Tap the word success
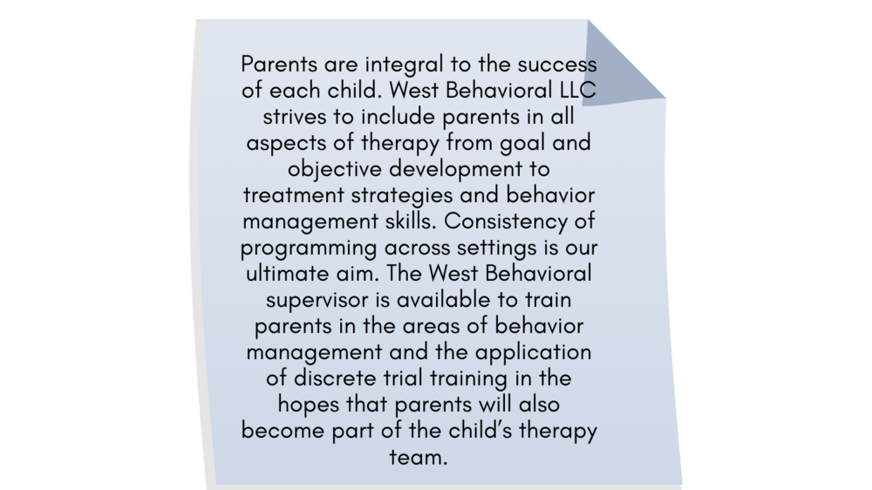557,65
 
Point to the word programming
309,248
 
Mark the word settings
488,248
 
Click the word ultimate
286,274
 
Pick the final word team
419,458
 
